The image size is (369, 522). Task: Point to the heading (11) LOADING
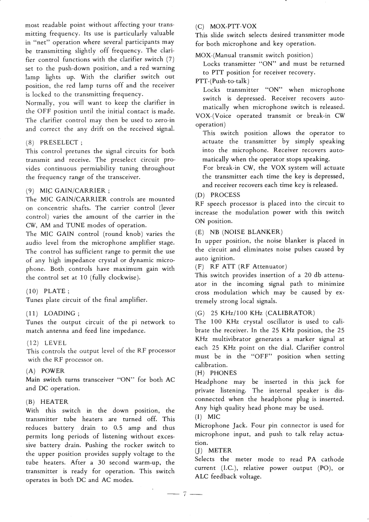[x=50, y=314]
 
